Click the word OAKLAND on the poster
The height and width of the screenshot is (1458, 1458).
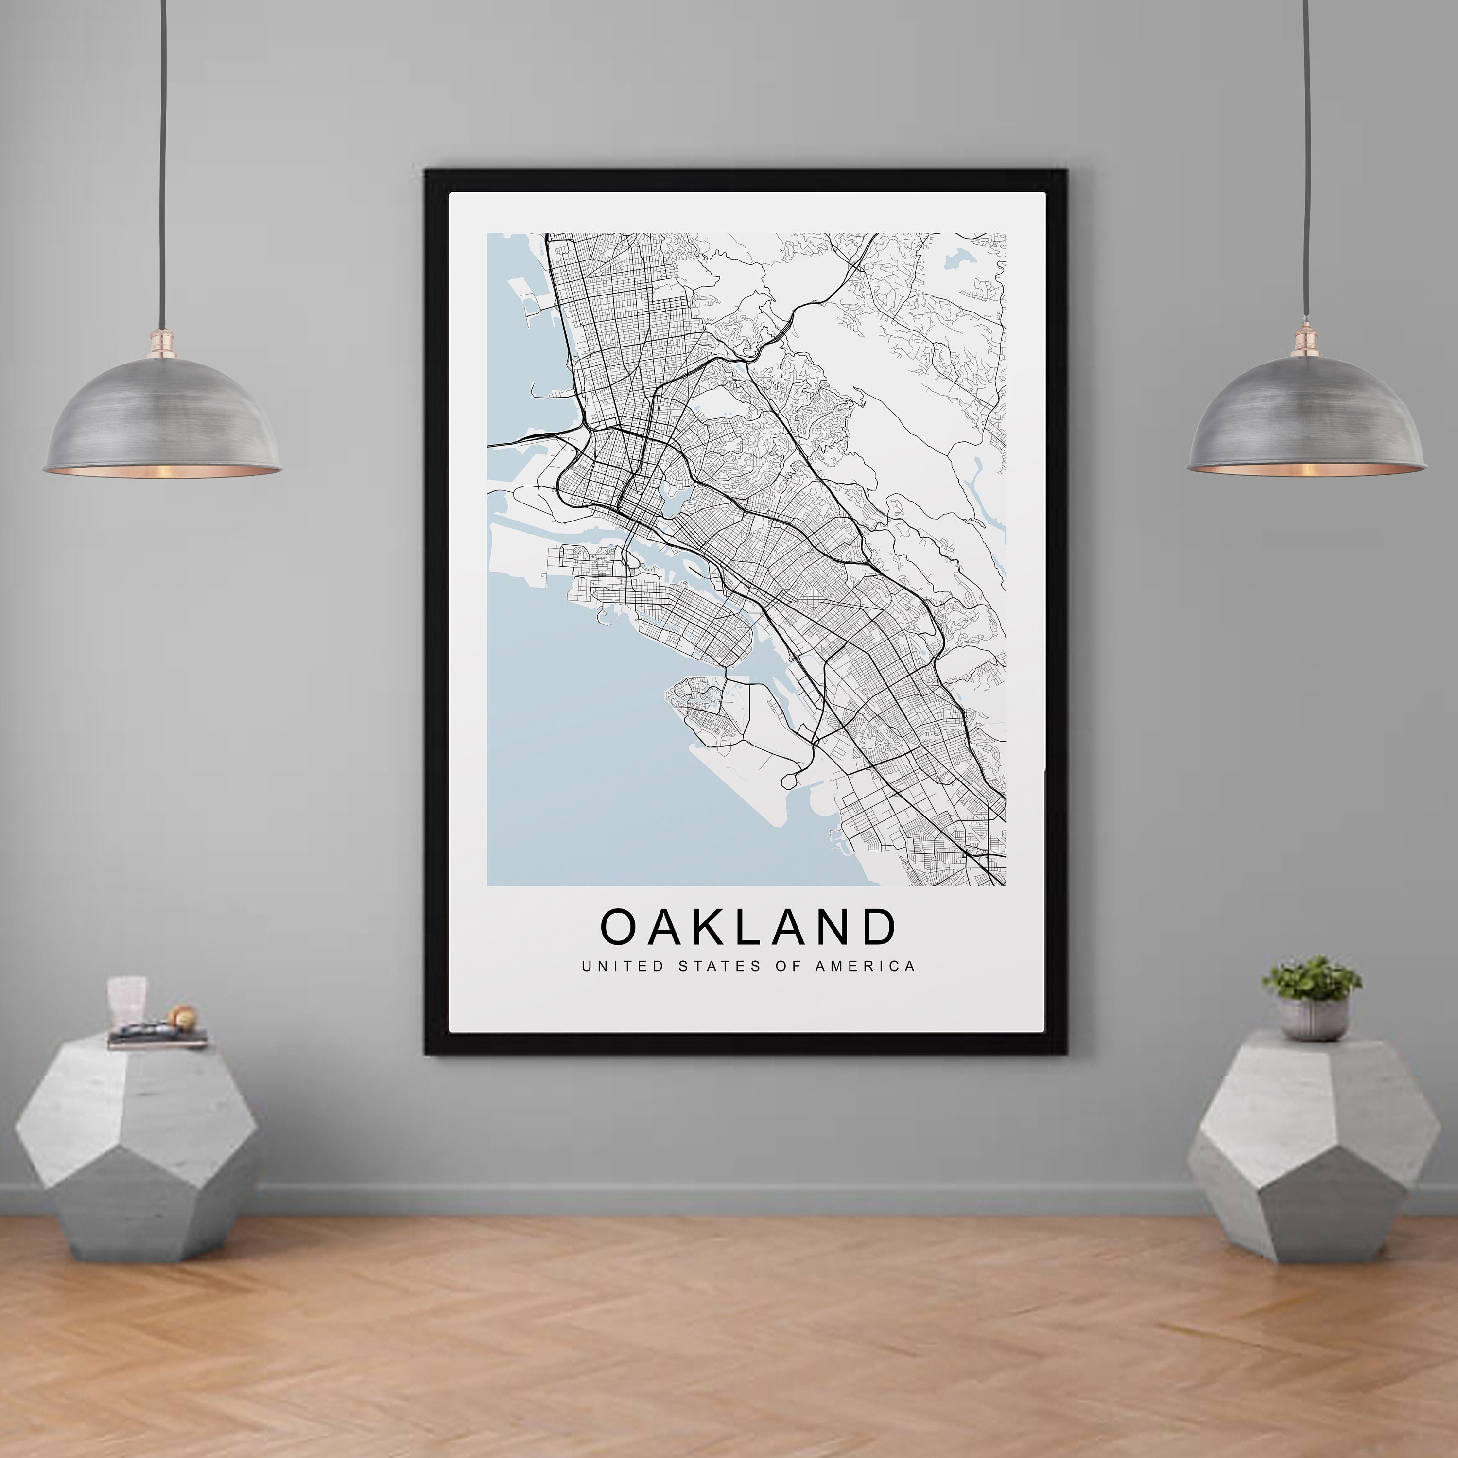pyautogui.click(x=748, y=927)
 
